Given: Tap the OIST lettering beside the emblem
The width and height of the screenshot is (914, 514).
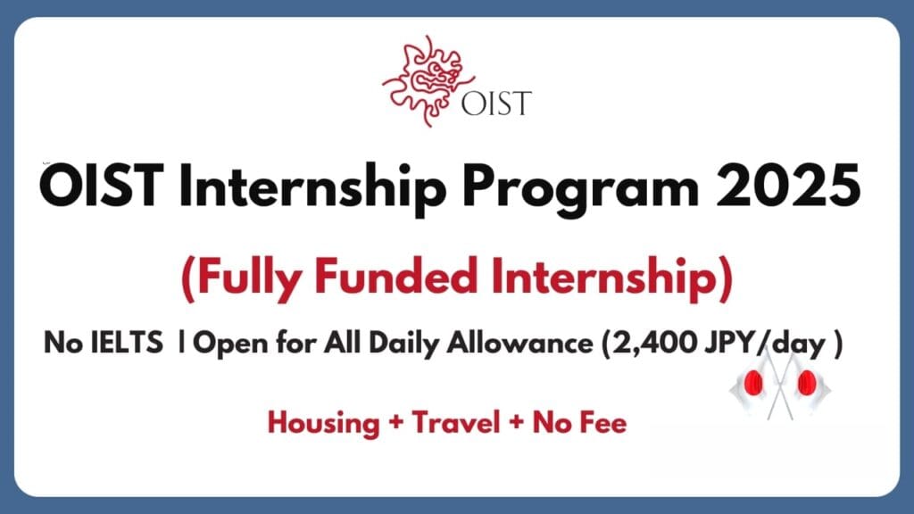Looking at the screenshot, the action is click(x=496, y=104).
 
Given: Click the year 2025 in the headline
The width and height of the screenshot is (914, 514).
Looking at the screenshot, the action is click(x=788, y=186).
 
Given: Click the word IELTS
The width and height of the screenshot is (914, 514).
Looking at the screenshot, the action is click(x=127, y=343).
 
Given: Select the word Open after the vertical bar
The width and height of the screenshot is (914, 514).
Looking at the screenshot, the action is click(x=231, y=344).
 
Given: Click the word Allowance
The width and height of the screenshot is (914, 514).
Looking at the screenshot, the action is click(x=520, y=343).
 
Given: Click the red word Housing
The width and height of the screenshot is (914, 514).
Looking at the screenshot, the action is click(x=323, y=424).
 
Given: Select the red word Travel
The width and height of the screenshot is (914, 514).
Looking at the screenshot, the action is click(x=456, y=422).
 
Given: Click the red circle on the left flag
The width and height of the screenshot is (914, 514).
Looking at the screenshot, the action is click(x=753, y=384).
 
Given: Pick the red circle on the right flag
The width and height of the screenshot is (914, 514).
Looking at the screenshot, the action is click(x=807, y=383).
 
